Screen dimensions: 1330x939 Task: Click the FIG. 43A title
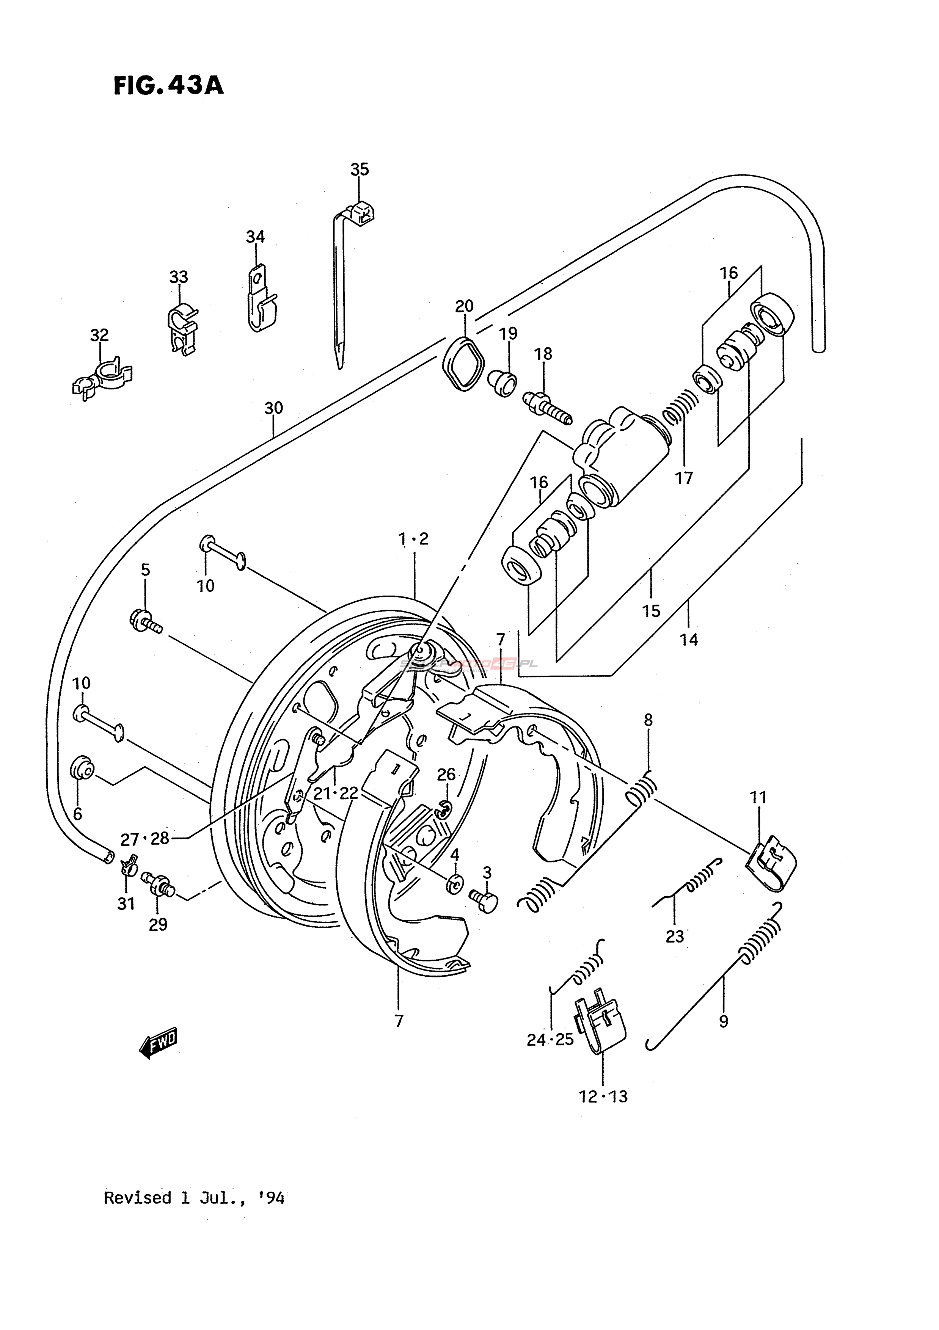click(168, 86)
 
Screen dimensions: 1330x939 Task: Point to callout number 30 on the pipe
click(273, 408)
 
